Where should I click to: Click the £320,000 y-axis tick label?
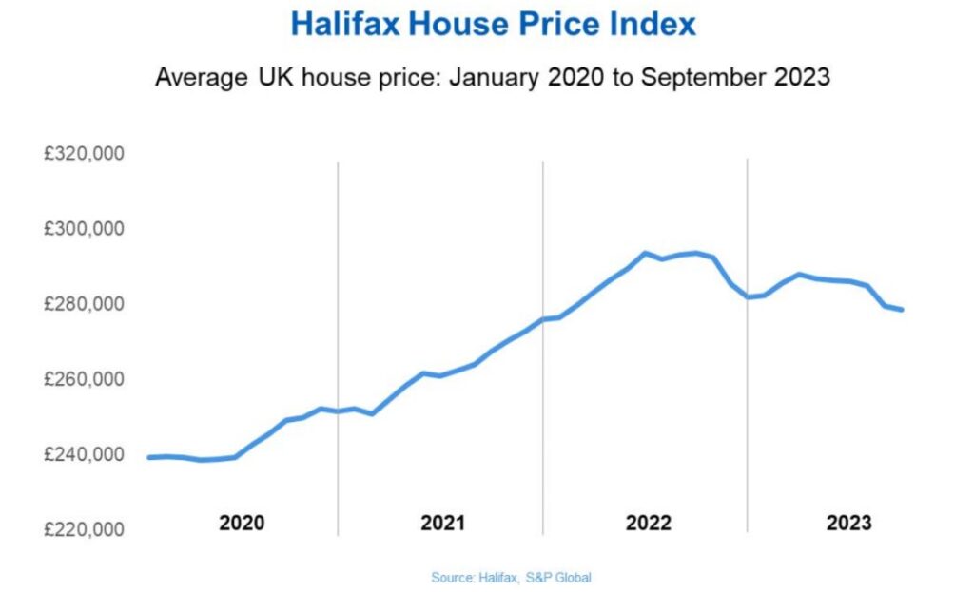84,154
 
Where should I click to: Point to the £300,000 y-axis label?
84,229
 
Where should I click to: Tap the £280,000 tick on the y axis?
84,304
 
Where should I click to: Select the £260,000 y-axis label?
84,379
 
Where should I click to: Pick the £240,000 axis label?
84,454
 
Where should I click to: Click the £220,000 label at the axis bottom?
84,529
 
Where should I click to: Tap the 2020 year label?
242,523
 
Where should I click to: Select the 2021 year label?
442,523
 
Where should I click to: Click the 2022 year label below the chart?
648,523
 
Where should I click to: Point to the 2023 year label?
848,523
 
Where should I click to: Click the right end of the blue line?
901,310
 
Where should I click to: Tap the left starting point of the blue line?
149,458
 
